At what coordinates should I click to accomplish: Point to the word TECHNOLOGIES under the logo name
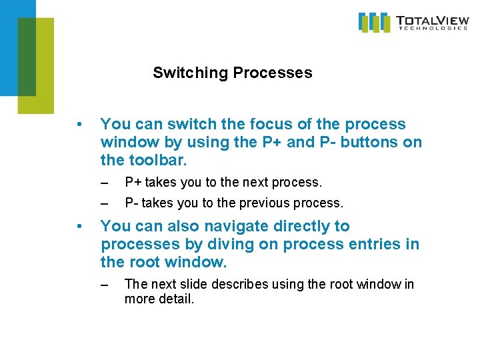[432, 28]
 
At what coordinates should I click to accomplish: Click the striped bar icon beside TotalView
[375, 22]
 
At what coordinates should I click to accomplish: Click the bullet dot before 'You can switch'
[79, 125]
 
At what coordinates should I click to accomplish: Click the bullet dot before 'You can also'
[79, 227]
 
